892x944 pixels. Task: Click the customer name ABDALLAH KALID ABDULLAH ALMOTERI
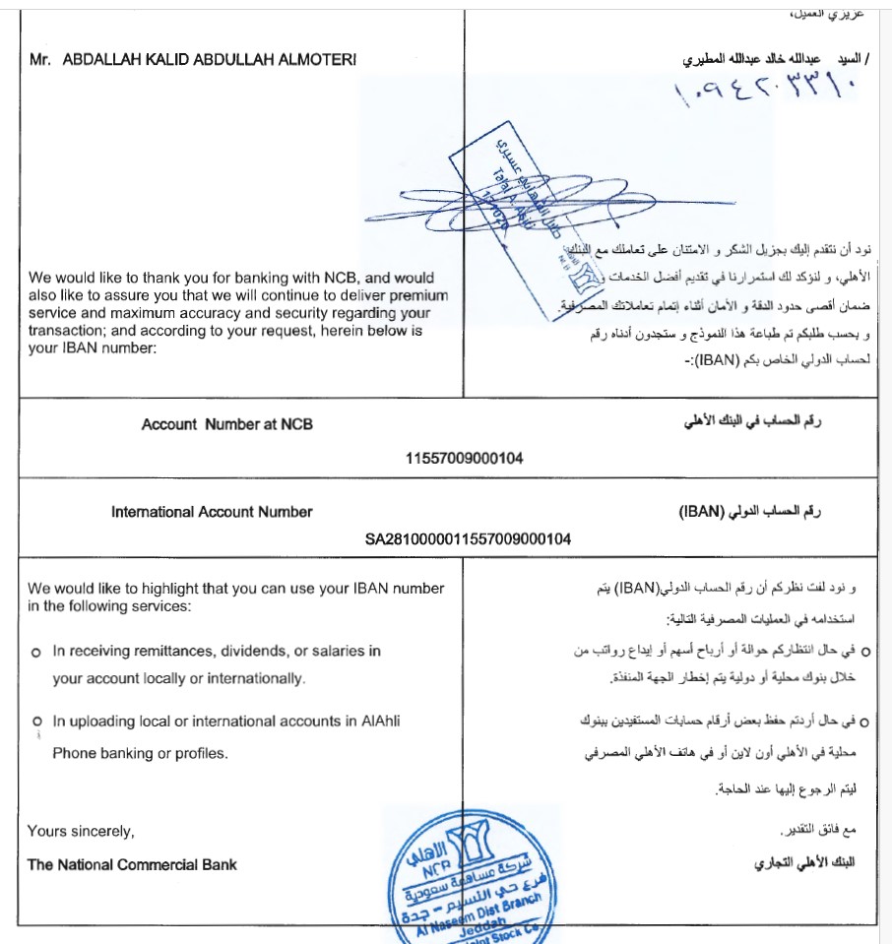click(209, 59)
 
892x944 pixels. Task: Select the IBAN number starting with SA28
click(468, 538)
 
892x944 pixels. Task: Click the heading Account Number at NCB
click(226, 425)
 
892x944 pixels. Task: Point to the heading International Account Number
click(212, 512)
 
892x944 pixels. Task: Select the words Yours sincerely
click(81, 832)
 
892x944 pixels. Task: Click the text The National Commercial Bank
click(132, 865)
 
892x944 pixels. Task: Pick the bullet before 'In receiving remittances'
click(35, 652)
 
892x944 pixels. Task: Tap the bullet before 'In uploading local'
click(35, 723)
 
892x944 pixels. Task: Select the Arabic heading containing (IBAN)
click(750, 513)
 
